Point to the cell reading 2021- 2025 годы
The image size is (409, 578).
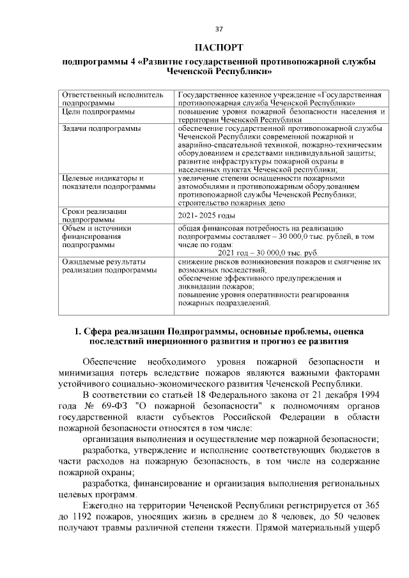click(x=208, y=216)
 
